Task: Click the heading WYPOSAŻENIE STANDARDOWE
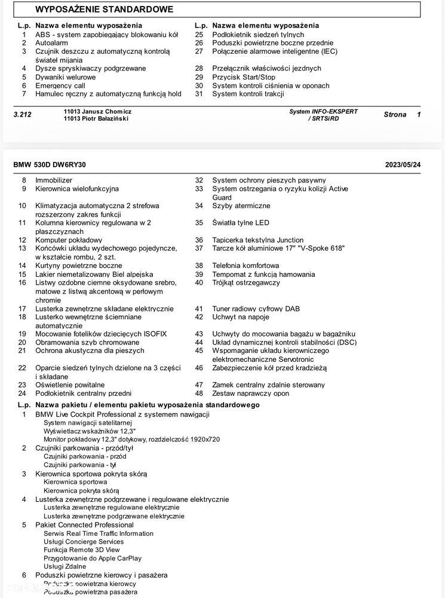[105, 10]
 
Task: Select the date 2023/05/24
[403, 164]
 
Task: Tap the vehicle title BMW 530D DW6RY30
[53, 164]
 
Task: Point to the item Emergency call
[60, 86]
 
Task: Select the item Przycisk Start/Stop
[244, 77]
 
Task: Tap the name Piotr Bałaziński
[104, 118]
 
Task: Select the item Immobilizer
[54, 180]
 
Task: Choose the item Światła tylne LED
[241, 222]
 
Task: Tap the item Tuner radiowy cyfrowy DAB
[257, 309]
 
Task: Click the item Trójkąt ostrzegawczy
[246, 282]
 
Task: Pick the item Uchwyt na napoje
[241, 317]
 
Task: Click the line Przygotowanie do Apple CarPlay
[93, 558]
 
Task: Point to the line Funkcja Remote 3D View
[82, 550]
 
